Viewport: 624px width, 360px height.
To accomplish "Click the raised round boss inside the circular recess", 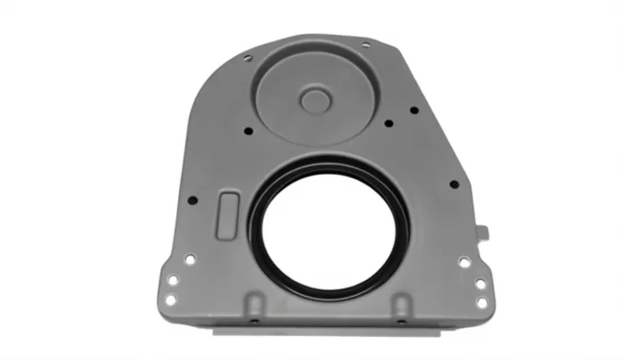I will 316,99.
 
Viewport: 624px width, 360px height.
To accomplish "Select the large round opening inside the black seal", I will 327,229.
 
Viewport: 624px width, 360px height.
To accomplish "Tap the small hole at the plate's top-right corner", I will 365,45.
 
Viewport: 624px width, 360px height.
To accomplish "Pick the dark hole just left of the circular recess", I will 248,131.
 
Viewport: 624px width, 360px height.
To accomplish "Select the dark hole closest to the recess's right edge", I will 389,123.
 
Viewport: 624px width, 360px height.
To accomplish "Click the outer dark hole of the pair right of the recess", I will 414,110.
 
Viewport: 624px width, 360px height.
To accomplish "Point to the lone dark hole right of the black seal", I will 454,184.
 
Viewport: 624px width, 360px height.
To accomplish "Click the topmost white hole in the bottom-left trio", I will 190,259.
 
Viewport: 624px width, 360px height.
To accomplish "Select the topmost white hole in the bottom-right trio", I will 464,262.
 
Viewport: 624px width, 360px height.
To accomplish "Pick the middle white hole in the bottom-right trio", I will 480,283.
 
